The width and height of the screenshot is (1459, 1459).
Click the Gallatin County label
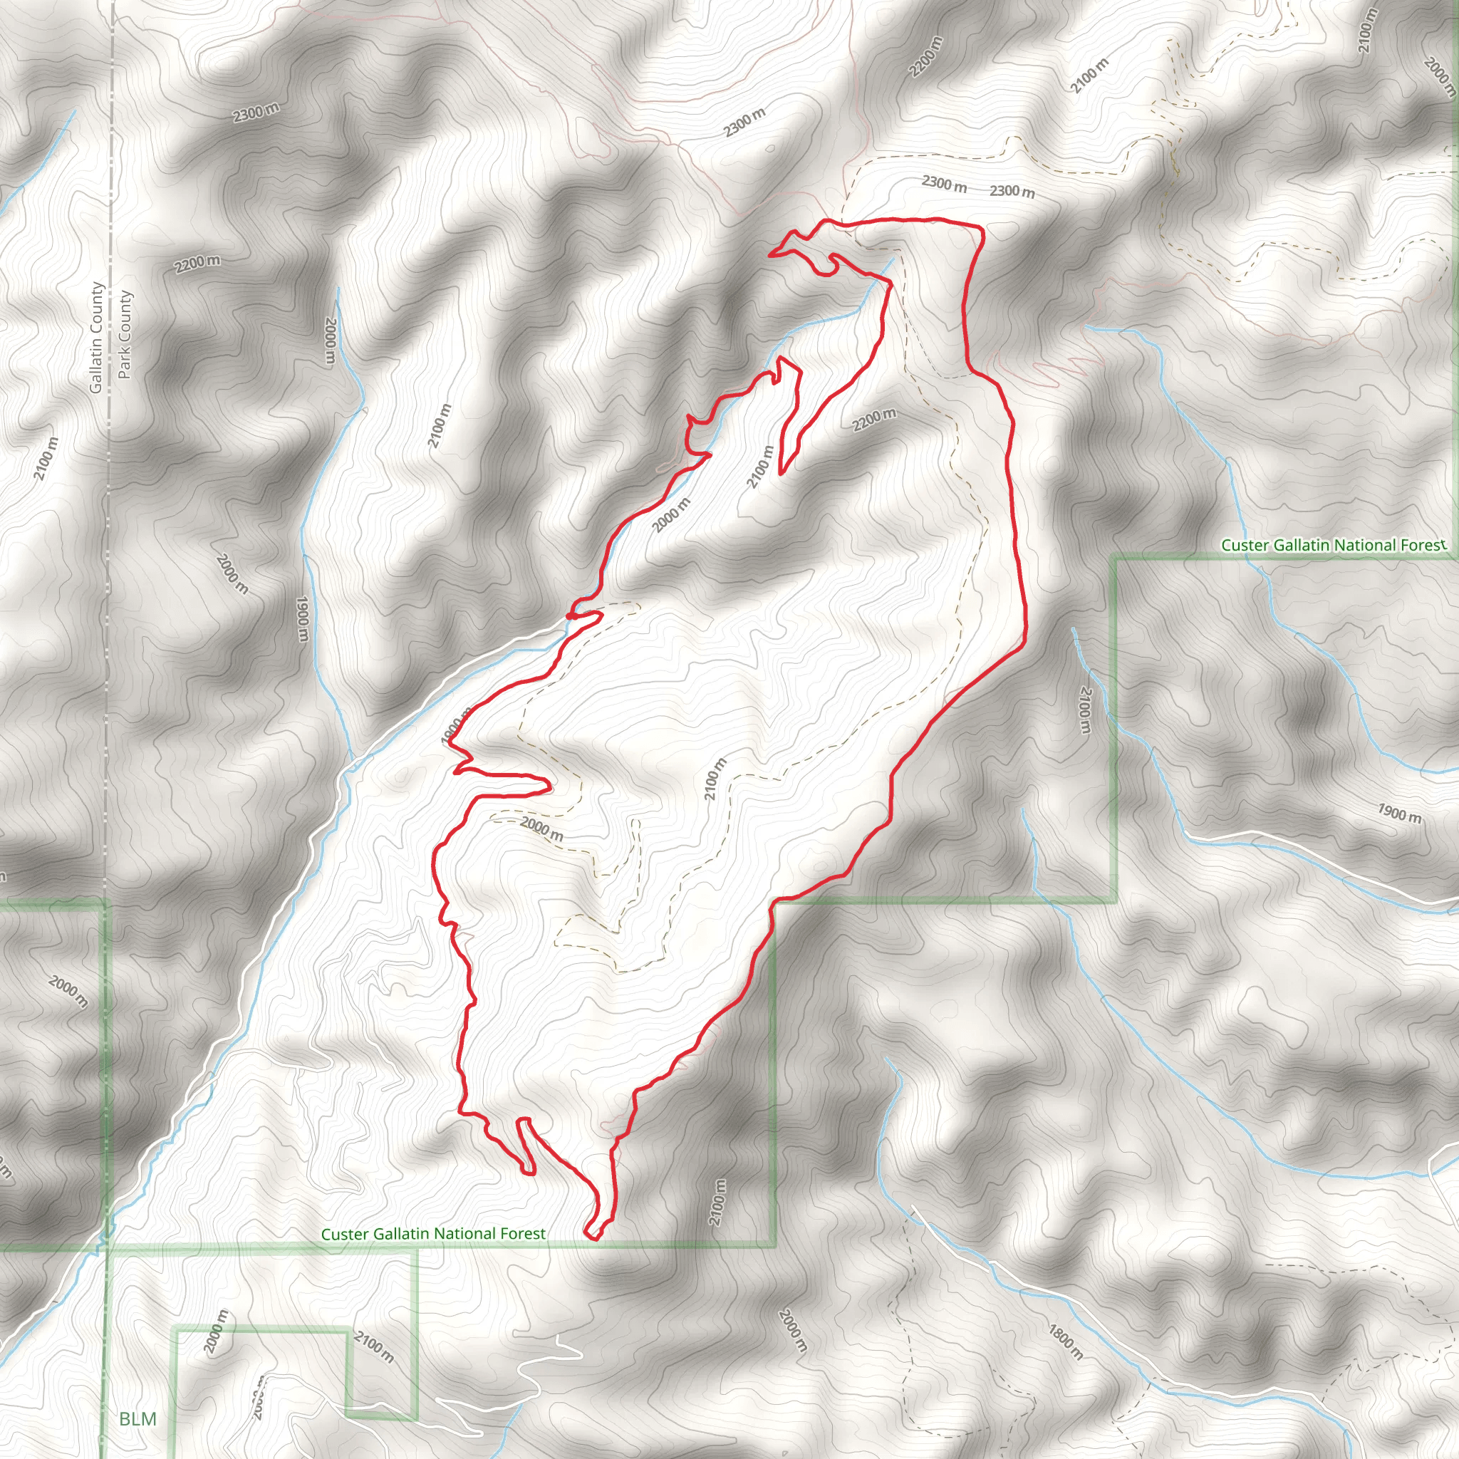pyautogui.click(x=96, y=338)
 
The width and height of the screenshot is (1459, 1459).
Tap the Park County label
pyautogui.click(x=125, y=335)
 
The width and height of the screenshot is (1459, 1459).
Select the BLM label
pyautogui.click(x=138, y=1419)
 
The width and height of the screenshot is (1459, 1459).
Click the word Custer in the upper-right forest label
pyautogui.click(x=1245, y=545)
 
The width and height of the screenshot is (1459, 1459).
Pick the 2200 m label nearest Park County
pyautogui.click(x=197, y=264)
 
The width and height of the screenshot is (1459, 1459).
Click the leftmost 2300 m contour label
pyautogui.click(x=256, y=113)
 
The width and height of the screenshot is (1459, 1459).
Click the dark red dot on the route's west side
pyautogui.click(x=569, y=616)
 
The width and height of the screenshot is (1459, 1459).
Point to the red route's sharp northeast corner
pyautogui.click(x=981, y=229)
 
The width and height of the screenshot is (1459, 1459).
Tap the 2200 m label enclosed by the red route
pyautogui.click(x=875, y=419)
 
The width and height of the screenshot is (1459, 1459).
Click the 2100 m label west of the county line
pyautogui.click(x=46, y=458)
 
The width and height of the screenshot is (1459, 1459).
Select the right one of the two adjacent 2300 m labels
pyautogui.click(x=1012, y=191)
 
